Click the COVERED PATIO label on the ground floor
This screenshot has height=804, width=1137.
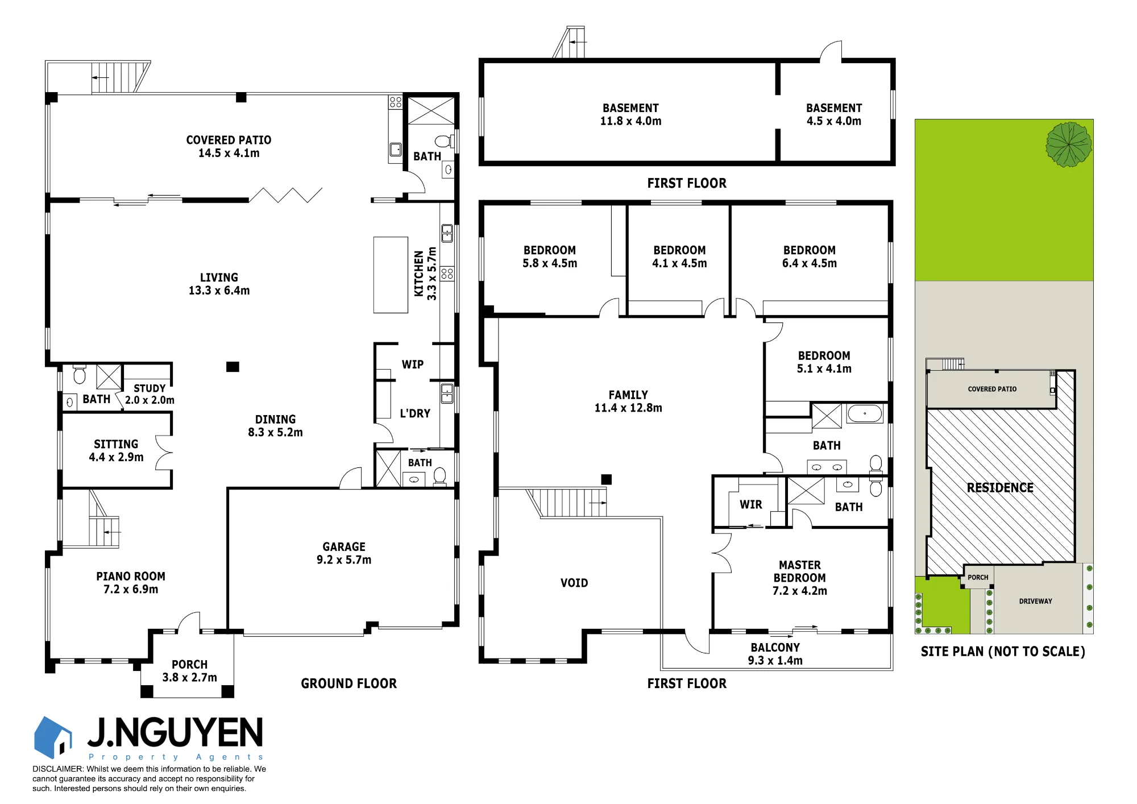[229, 140]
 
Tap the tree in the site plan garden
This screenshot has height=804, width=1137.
[1069, 144]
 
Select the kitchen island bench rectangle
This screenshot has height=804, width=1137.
[391, 275]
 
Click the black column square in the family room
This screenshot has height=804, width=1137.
[607, 479]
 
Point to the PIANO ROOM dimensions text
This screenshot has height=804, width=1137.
[131, 589]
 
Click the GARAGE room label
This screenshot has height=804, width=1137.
[344, 546]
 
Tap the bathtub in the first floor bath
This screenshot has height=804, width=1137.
[865, 413]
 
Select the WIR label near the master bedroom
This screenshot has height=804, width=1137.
[751, 504]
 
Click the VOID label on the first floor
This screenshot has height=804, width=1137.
[574, 583]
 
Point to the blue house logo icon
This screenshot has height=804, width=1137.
[53, 737]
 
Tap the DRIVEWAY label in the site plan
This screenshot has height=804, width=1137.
[1035, 601]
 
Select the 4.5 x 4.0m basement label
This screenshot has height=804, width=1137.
[834, 121]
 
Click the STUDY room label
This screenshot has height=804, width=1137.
[150, 388]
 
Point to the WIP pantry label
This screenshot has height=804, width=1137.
[413, 364]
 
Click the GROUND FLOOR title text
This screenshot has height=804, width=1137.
[349, 683]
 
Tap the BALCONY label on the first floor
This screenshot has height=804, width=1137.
[775, 648]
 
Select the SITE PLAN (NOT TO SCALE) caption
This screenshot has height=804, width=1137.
[1003, 652]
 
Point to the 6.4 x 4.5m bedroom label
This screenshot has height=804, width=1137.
[810, 263]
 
